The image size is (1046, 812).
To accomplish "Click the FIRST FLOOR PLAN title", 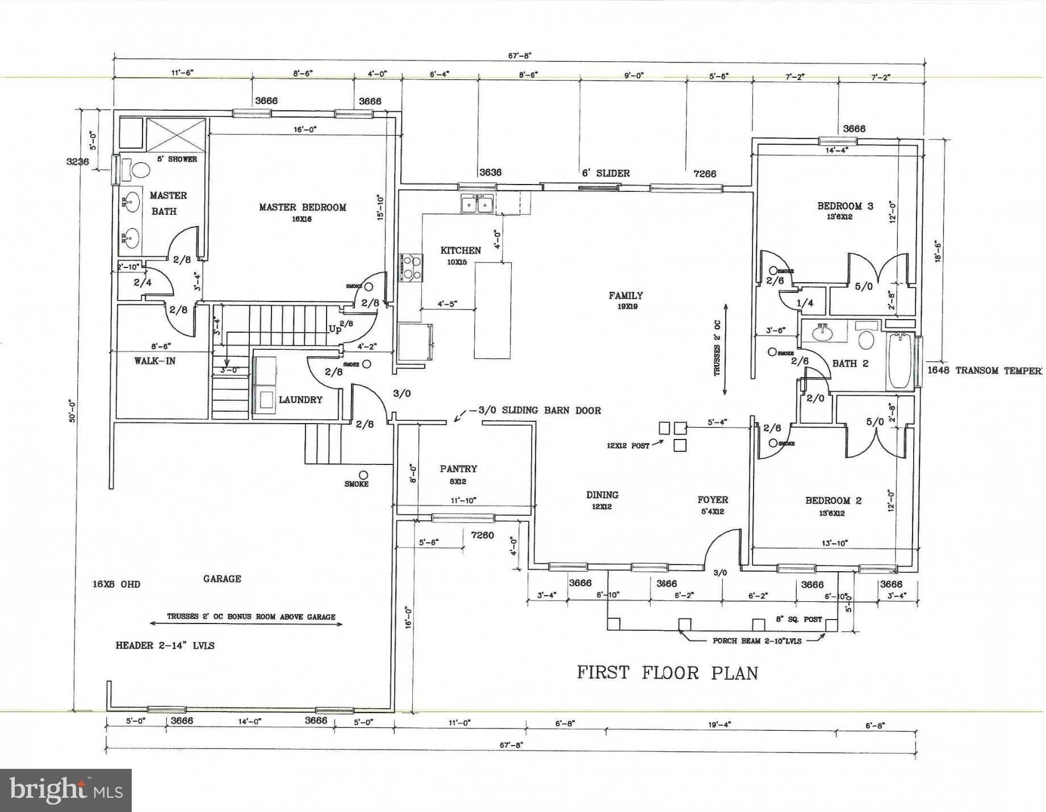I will click(667, 673).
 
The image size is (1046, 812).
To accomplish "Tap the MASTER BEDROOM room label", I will click(302, 207).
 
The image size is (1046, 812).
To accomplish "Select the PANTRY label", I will click(458, 469).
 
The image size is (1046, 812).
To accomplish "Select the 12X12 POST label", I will click(627, 446).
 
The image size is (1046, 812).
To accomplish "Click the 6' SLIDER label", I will click(605, 173).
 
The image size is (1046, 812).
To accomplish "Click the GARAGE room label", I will click(222, 579).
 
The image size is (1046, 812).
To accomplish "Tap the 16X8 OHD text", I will click(116, 584).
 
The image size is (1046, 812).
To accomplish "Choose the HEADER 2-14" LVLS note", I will click(165, 646).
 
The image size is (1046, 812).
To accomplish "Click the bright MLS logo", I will click(66, 790).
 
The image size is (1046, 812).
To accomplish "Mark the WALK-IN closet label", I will click(154, 361).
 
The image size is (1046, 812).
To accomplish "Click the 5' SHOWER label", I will click(177, 159).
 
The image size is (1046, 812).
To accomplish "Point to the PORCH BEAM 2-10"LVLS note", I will click(756, 641).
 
